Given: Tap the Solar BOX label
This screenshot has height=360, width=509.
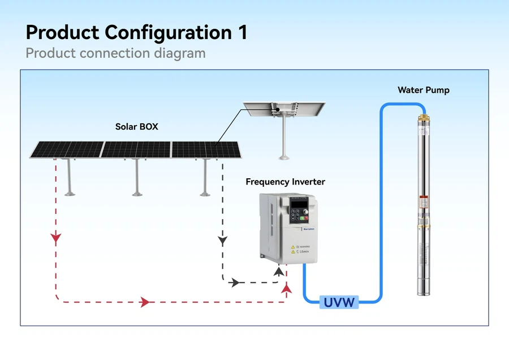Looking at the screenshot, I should click(x=136, y=127).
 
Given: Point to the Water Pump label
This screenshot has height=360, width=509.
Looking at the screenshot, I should click(x=424, y=90).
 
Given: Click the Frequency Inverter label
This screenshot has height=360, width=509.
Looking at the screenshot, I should click(x=285, y=182).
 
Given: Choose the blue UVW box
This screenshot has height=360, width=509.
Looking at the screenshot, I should click(x=339, y=302).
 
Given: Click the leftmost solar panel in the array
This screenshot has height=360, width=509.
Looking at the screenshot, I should click(x=67, y=149).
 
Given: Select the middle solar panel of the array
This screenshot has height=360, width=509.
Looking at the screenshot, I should click(x=137, y=149).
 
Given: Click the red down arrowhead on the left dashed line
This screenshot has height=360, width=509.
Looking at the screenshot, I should click(x=55, y=238).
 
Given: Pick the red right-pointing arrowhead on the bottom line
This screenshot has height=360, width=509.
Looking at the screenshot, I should click(x=145, y=302).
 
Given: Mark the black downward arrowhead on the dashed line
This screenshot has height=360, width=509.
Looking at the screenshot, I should click(x=222, y=241).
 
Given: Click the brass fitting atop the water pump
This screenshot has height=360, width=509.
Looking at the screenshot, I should click(x=423, y=121).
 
